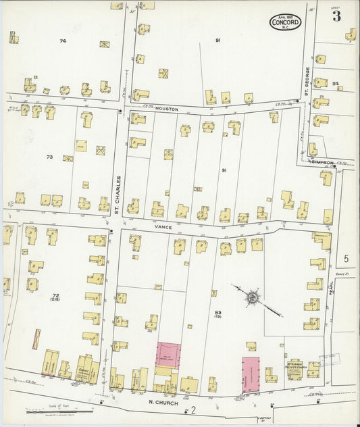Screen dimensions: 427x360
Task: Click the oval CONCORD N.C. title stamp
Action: (286, 22)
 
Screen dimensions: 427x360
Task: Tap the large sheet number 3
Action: (336, 16)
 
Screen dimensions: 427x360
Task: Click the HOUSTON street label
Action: (165, 108)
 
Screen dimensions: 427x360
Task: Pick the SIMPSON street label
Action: (322, 161)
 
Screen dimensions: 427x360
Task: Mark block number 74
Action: (63, 42)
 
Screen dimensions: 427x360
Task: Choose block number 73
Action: (49, 157)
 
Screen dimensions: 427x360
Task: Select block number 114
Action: (335, 83)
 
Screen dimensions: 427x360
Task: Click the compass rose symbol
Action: (252, 296)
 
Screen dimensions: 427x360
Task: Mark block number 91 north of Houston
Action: (218, 41)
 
